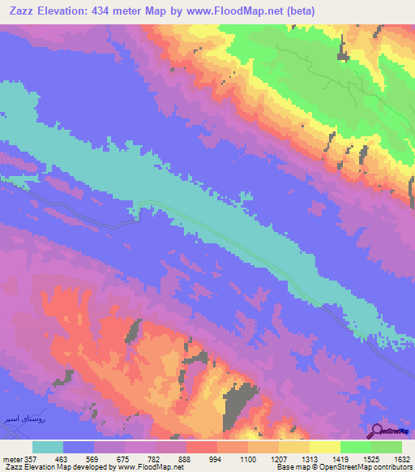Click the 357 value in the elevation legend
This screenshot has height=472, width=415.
(31, 458)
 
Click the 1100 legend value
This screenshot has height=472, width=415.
(248, 458)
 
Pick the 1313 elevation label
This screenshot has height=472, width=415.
(310, 458)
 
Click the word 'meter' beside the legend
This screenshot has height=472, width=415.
(12, 458)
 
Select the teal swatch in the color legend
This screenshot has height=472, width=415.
(48, 447)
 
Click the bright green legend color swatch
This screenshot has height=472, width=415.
(356, 447)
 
